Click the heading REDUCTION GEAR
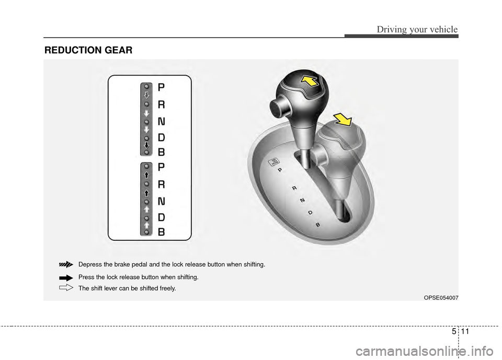pos(88,50)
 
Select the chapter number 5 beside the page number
pos(451,331)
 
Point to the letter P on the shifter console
pos(280,170)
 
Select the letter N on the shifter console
pos(302,200)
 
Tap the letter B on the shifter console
pos(317,224)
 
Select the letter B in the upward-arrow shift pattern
pos(161,231)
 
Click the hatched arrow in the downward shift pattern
pos(147,95)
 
